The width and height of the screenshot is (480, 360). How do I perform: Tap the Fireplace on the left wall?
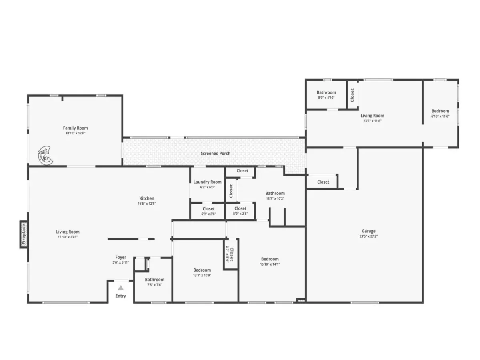24,234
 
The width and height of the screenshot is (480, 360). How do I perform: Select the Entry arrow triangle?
121,288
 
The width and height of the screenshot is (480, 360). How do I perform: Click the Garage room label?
368,231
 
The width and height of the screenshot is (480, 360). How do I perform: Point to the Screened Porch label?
215,154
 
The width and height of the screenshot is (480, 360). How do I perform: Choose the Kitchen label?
147,198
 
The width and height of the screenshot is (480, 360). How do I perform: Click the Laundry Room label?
207,182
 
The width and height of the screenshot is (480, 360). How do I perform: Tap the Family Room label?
75,128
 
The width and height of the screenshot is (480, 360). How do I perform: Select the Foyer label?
121,257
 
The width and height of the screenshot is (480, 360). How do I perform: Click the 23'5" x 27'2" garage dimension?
368,236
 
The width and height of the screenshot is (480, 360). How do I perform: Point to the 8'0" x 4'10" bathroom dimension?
326,98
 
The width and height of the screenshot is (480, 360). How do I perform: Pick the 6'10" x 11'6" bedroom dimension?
440,116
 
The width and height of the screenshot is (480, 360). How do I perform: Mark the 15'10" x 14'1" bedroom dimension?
270,264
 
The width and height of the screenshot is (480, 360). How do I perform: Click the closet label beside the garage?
323,182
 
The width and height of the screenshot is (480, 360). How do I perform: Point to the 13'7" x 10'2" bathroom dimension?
275,199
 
